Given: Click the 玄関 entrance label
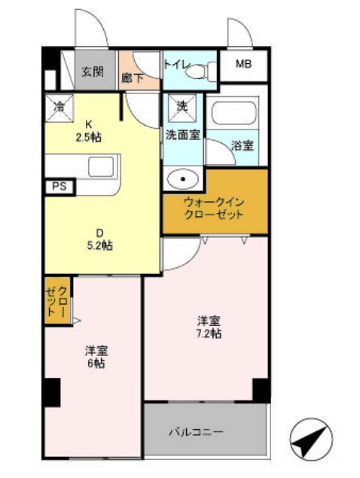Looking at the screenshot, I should (93, 72).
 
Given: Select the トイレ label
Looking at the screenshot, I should (175, 64).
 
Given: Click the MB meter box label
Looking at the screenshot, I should (243, 65).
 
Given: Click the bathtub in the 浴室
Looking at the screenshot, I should (235, 115).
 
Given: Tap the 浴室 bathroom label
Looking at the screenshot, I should (243, 145).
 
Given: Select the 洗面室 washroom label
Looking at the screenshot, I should (182, 136).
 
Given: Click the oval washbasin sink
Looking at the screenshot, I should (182, 179).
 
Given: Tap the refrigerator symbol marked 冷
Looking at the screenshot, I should (58, 107).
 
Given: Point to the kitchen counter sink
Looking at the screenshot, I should (101, 166).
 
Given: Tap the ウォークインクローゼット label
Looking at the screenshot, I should (215, 209).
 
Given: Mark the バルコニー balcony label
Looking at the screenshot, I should (195, 432).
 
